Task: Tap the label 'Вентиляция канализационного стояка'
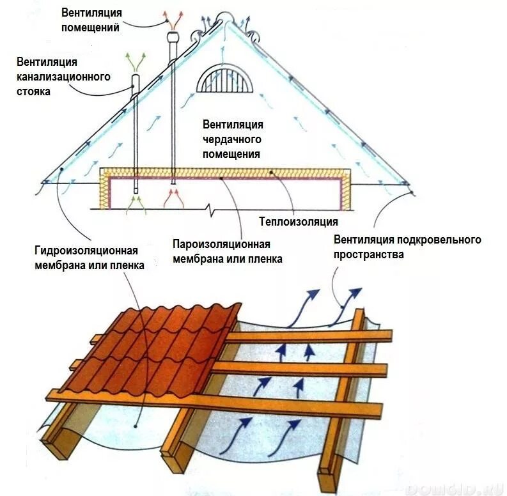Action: click(63, 76)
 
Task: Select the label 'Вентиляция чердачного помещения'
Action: click(233, 139)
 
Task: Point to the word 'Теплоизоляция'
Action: click(298, 222)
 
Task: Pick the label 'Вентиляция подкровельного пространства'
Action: click(407, 247)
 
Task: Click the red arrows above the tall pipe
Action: click(173, 17)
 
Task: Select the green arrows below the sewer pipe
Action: click(135, 203)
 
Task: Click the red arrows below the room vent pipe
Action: click(174, 199)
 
